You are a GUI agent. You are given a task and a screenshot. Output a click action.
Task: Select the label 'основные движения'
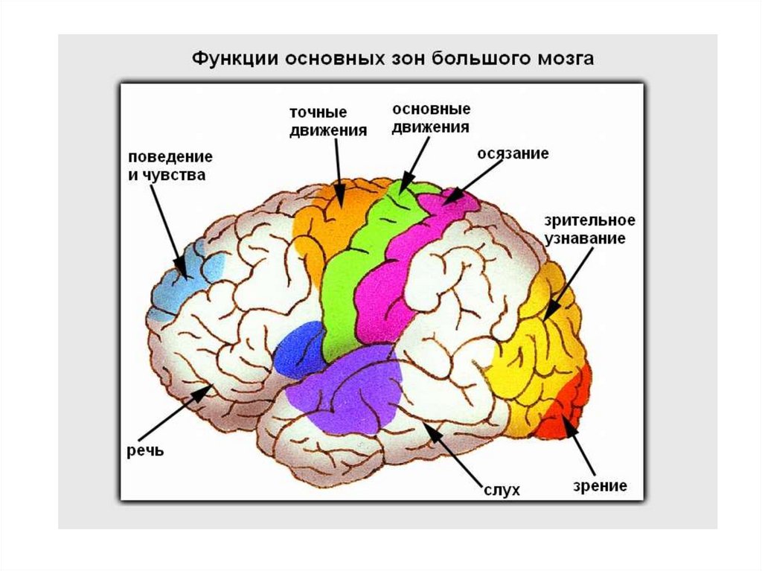[431, 118]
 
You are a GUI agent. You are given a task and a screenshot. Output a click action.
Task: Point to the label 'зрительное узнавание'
[589, 229]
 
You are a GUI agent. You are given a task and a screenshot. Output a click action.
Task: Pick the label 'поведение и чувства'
[170, 167]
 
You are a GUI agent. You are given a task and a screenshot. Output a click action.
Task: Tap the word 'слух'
[500, 489]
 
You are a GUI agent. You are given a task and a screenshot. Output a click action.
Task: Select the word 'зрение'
[600, 486]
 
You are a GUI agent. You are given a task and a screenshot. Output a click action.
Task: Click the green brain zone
[350, 268]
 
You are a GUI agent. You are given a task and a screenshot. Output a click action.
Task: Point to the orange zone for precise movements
[331, 216]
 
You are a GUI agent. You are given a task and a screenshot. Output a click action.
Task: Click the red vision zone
[569, 406]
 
